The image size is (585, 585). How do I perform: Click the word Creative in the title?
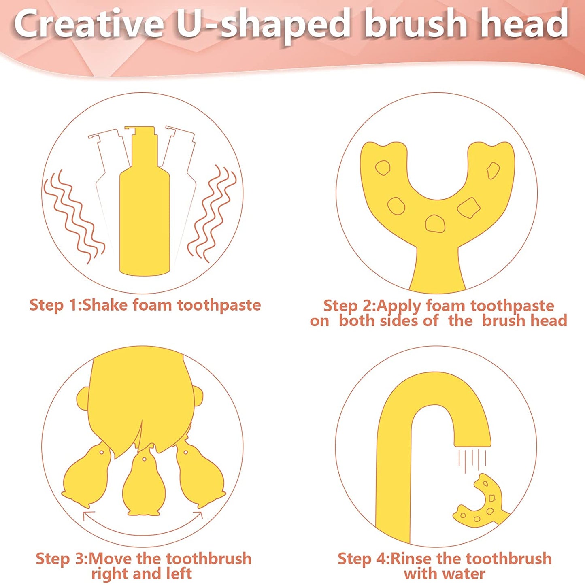tap(87, 24)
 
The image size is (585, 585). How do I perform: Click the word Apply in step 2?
tap(399, 306)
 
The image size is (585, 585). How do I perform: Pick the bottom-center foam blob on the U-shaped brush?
tap(435, 223)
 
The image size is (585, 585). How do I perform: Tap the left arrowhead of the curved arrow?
tap(88, 514)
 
